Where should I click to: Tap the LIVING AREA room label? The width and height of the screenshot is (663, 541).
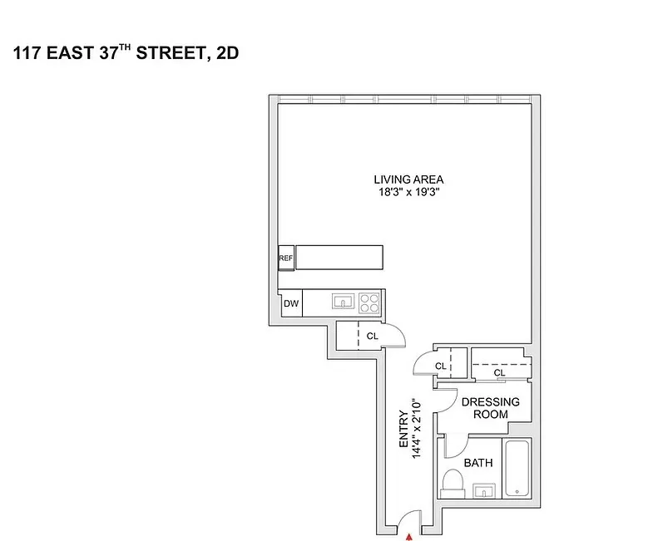click(408, 180)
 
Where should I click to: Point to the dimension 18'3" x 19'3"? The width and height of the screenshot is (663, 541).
click(408, 192)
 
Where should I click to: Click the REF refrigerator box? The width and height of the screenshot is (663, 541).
click(286, 258)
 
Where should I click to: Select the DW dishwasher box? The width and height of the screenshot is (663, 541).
click(291, 303)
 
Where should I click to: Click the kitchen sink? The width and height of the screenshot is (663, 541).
click(343, 301)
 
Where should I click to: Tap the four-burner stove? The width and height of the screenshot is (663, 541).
click(371, 301)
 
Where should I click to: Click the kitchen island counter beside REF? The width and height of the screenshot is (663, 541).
click(339, 257)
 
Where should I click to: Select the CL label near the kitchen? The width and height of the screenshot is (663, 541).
click(373, 336)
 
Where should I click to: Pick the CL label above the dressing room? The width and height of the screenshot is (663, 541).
click(499, 373)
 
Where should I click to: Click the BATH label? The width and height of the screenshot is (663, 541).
click(478, 463)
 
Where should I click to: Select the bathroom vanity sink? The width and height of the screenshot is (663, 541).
click(483, 491)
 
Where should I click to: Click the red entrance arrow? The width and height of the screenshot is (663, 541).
click(409, 537)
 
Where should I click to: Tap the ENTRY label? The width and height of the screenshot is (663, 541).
click(403, 431)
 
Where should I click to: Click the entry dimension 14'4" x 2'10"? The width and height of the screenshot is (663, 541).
click(416, 431)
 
